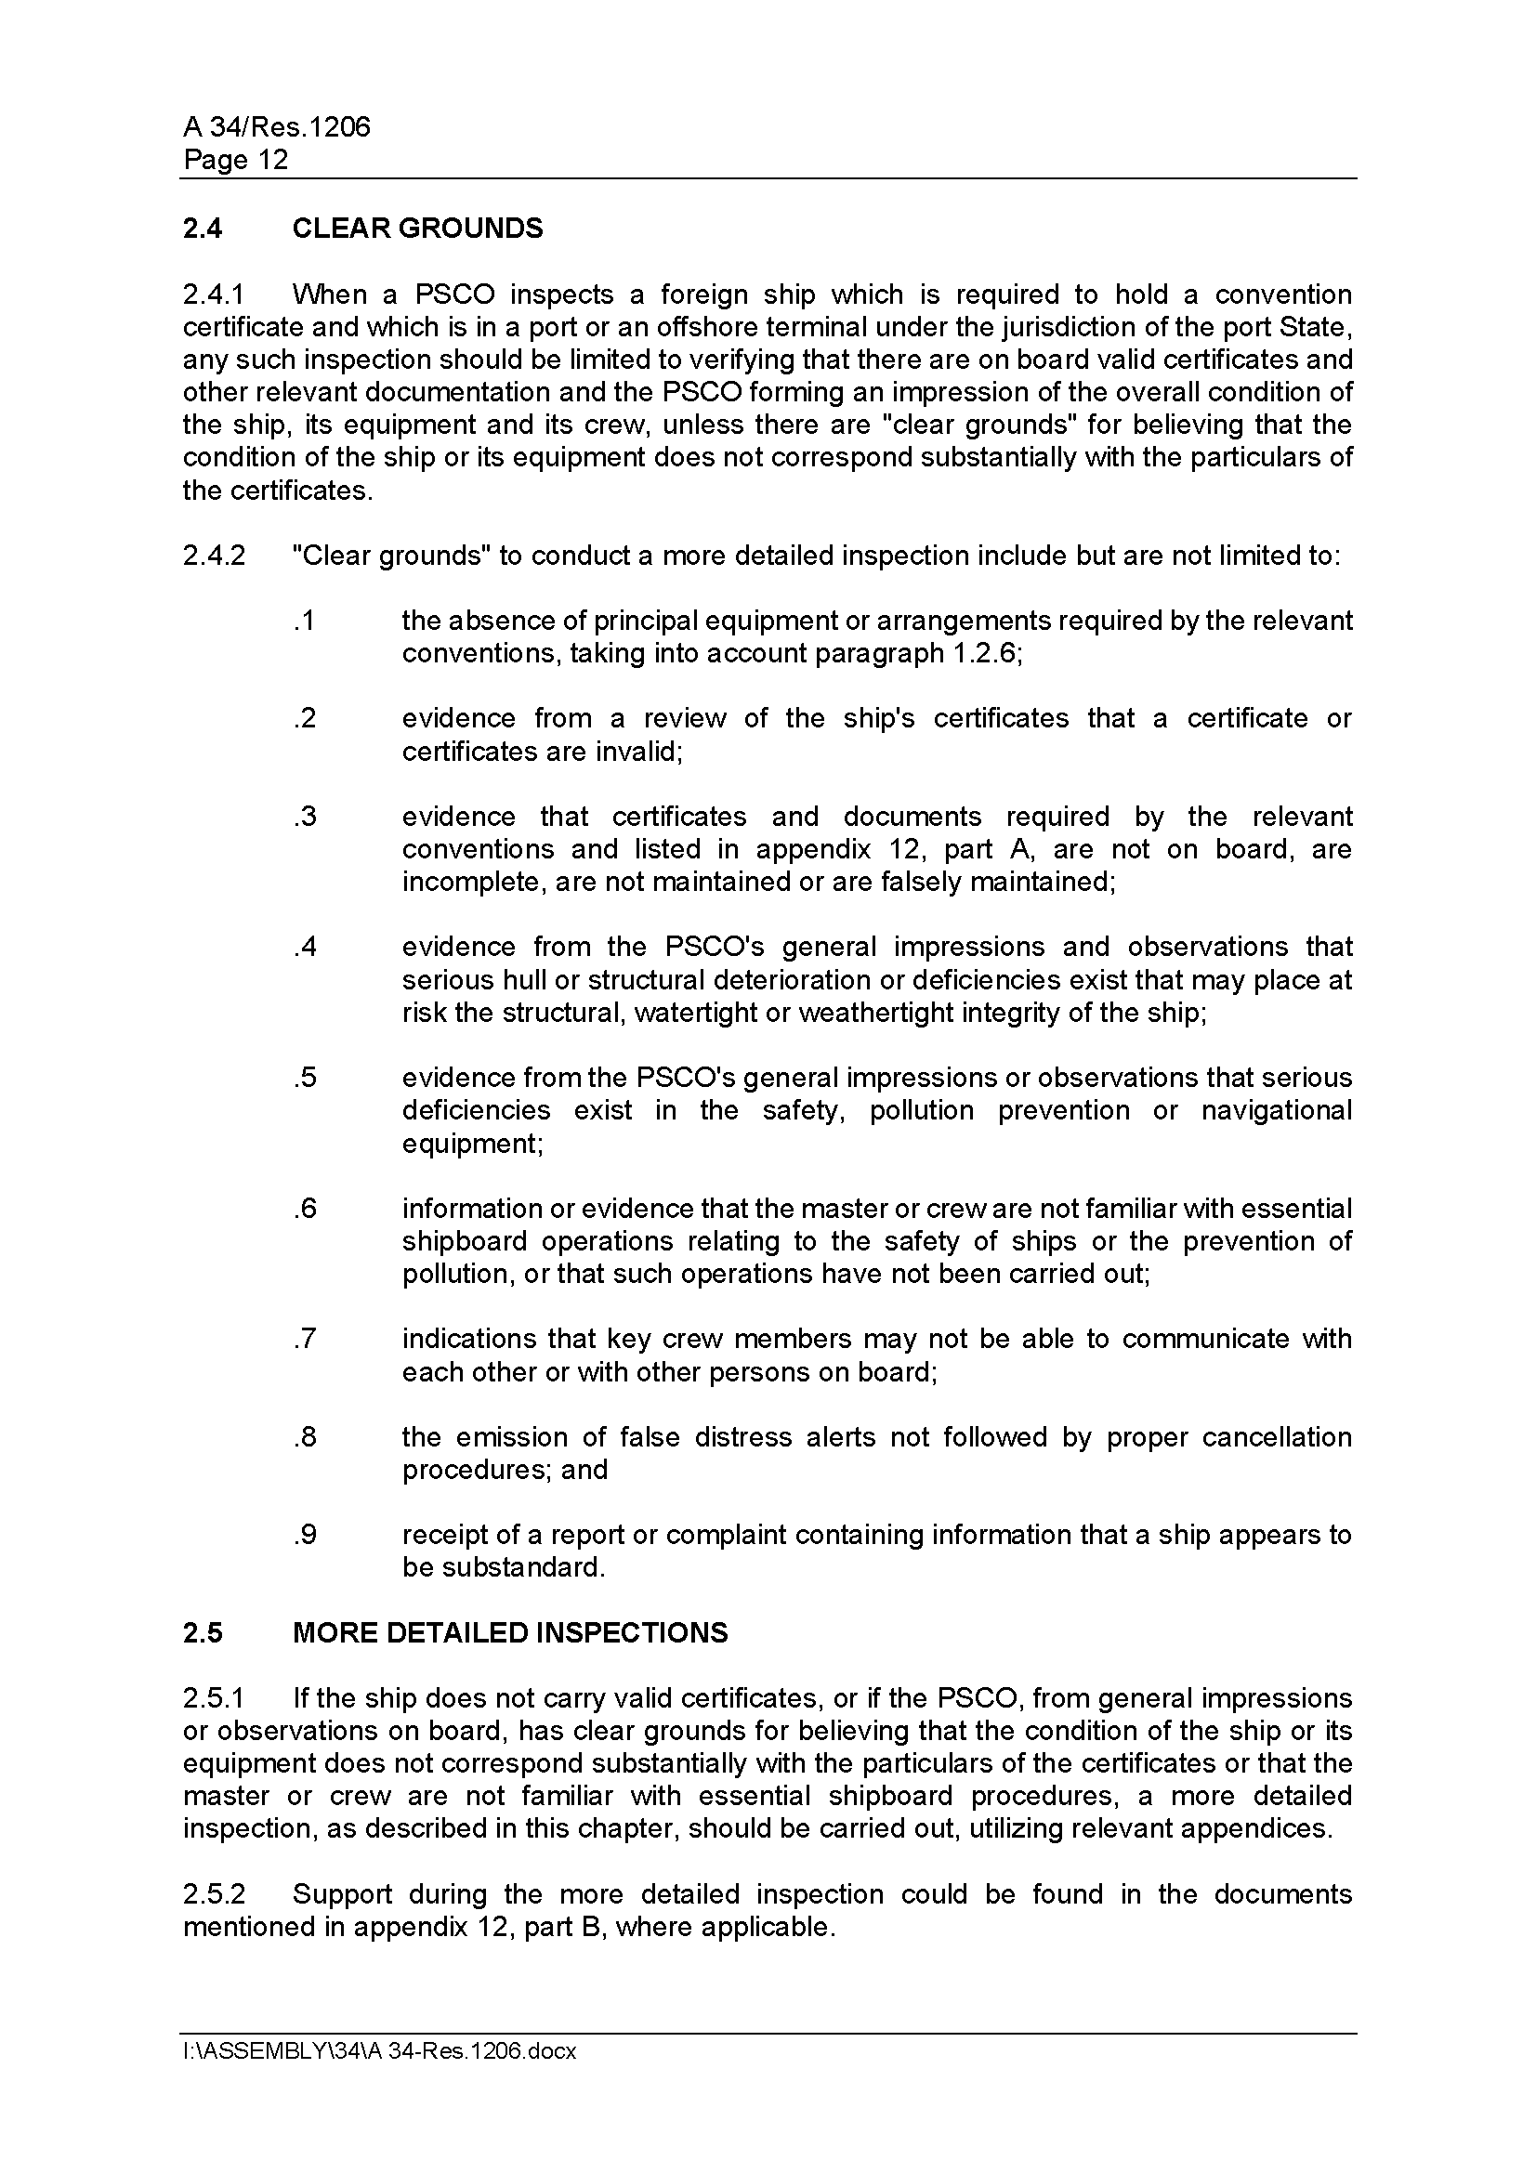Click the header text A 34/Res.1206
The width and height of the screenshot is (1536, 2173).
[276, 127]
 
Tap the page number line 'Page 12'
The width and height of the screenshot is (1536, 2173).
[235, 160]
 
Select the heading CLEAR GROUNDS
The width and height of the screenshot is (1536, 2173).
[417, 229]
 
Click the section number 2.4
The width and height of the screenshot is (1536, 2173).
[203, 229]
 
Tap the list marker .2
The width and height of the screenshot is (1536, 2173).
[304, 718]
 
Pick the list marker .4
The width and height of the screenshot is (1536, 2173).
[304, 948]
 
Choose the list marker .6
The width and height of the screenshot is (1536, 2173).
[304, 1209]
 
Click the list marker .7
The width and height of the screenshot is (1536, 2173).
[304, 1340]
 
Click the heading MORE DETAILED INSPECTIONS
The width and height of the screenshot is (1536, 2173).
[510, 1632]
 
